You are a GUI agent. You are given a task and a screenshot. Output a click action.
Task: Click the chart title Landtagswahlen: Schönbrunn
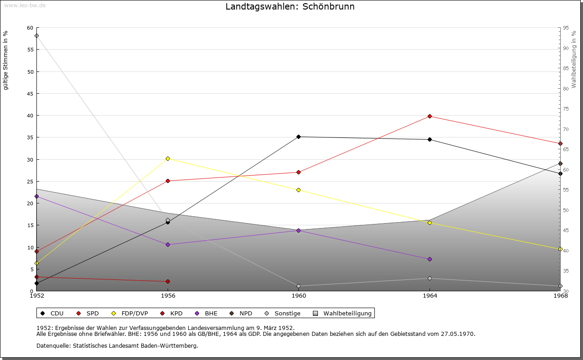(290, 6)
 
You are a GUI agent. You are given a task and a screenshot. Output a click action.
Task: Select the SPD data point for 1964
(430, 117)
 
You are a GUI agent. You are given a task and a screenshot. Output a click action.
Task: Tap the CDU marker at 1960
(298, 137)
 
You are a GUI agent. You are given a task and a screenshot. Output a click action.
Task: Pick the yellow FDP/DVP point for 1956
(168, 158)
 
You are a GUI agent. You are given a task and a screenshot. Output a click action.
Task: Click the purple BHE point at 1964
(430, 259)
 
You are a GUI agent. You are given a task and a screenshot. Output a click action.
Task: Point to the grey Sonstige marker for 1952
(36, 36)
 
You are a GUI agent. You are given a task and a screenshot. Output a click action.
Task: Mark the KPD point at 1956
(168, 281)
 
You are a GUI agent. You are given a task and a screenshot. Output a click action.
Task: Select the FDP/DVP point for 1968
(560, 249)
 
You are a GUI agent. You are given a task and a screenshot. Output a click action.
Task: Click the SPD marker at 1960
(298, 172)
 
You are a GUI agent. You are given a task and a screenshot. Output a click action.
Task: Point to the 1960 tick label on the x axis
(298, 296)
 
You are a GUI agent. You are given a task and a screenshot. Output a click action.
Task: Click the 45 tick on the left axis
(30, 94)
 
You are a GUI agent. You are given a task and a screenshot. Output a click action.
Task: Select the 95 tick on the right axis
(566, 28)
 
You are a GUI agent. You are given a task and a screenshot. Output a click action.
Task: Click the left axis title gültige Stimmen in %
(6, 60)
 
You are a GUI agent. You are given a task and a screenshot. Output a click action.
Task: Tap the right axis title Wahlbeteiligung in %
(574, 59)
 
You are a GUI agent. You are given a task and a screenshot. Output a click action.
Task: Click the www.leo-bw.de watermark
(24, 5)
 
